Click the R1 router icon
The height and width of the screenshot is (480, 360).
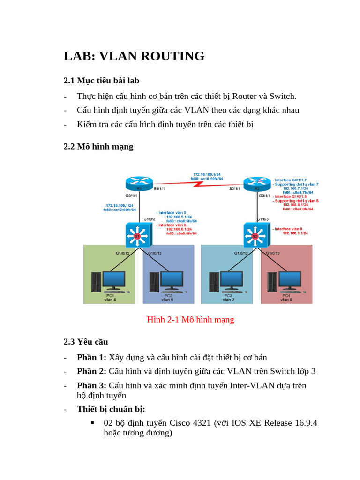click(139, 183)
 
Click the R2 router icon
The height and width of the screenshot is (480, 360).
click(257, 183)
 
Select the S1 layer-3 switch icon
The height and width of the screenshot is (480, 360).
click(137, 235)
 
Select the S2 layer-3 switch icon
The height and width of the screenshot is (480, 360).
click(255, 235)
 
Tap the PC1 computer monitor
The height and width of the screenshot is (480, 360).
click(114, 280)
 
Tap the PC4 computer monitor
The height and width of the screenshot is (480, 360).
click(291, 280)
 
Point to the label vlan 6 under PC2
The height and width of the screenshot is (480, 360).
click(167, 300)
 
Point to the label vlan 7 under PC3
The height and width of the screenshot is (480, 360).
click(228, 300)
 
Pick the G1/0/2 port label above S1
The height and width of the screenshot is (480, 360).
click(149, 219)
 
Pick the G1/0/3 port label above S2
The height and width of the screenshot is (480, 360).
click(263, 219)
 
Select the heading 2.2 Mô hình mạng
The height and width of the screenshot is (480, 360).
click(98, 147)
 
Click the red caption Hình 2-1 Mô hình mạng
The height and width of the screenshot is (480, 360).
click(190, 320)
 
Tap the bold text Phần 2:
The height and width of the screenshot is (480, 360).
click(92, 371)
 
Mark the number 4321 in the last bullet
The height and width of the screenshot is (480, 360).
click(198, 423)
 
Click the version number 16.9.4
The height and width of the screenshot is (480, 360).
click(306, 423)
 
